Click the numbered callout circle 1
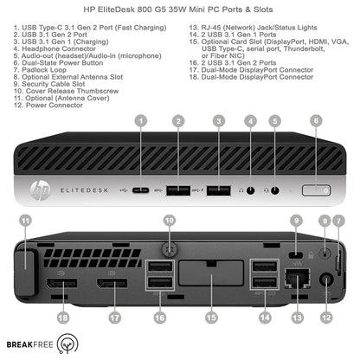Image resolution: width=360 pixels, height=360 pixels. pyautogui.click(x=141, y=121)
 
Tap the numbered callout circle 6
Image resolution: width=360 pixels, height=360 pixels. pyautogui.click(x=315, y=121)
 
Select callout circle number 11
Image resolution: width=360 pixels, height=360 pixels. pyautogui.click(x=25, y=222)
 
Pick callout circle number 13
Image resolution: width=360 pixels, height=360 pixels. pyautogui.click(x=299, y=318)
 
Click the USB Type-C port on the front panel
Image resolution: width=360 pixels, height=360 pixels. pyautogui.click(x=141, y=165)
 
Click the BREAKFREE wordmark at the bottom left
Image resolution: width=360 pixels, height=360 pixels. pyautogui.click(x=27, y=344)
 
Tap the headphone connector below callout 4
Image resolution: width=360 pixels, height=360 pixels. pyautogui.click(x=252, y=165)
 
